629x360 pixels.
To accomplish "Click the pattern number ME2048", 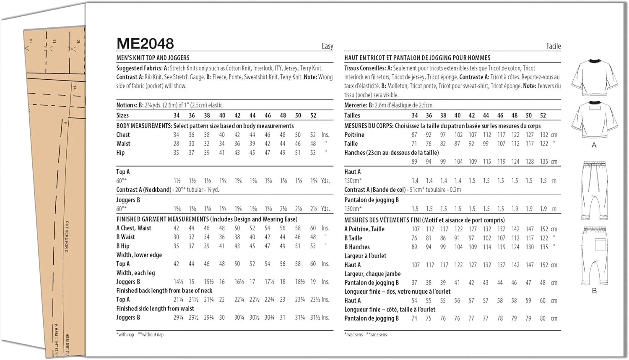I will pyautogui.click(x=145, y=44).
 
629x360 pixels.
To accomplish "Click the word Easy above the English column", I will pyautogui.click(x=327, y=46).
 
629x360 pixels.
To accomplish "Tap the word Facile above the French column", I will pyautogui.click(x=553, y=46).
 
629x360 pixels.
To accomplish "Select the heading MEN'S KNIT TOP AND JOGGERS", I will pyautogui.click(x=153, y=58).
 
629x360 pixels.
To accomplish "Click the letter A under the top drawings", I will pyautogui.click(x=594, y=145).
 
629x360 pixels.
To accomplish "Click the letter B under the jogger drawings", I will pyautogui.click(x=594, y=291).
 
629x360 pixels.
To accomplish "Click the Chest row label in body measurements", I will pyautogui.click(x=123, y=135).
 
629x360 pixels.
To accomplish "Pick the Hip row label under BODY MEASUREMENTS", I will pyautogui.click(x=120, y=153).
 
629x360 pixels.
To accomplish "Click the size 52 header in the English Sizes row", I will pyautogui.click(x=313, y=115).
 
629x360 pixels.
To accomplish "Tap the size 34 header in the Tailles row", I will pyautogui.click(x=414, y=115).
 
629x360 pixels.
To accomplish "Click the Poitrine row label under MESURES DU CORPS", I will pyautogui.click(x=354, y=135).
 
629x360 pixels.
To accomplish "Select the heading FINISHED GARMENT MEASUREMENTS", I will pyautogui.click(x=162, y=219).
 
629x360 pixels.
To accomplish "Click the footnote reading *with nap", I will pyautogui.click(x=125, y=334).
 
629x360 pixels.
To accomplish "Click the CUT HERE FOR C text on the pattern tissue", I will pyautogui.click(x=67, y=237).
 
